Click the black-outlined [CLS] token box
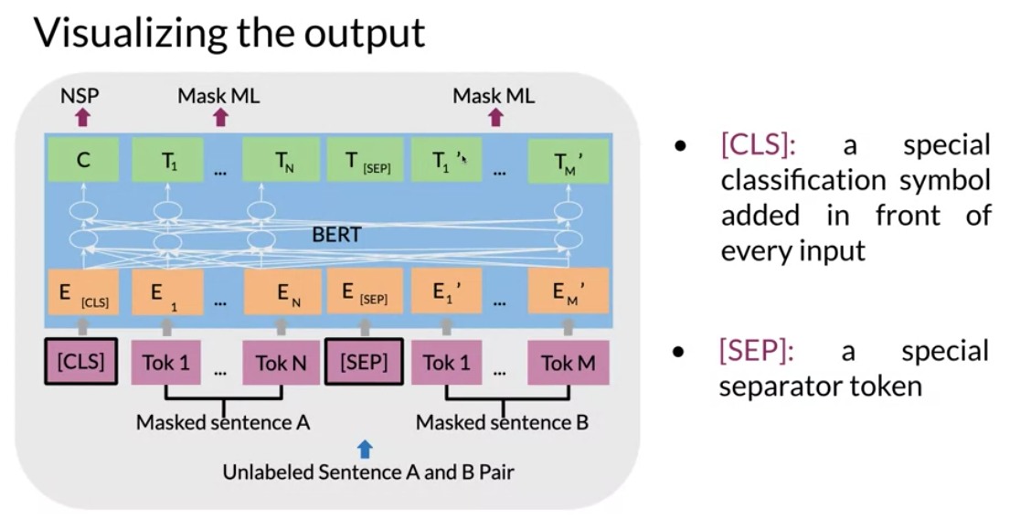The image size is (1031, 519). pyautogui.click(x=80, y=361)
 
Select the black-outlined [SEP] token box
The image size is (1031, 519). pyautogui.click(x=364, y=361)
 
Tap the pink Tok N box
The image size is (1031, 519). pyautogui.click(x=281, y=362)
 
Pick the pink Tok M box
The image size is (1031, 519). pyautogui.click(x=569, y=362)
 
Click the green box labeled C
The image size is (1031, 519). pyautogui.click(x=82, y=160)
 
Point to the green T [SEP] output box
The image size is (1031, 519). pyautogui.click(x=365, y=160)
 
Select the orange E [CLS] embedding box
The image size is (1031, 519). pyautogui.click(x=82, y=291)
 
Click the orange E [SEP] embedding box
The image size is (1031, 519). pyautogui.click(x=365, y=291)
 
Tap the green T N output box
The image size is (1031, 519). pyautogui.click(x=282, y=160)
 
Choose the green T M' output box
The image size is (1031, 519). pyautogui.click(x=569, y=160)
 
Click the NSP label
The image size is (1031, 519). pyautogui.click(x=80, y=96)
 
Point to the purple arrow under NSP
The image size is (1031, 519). pyautogui.click(x=82, y=117)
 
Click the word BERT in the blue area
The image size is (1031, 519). pyautogui.click(x=336, y=235)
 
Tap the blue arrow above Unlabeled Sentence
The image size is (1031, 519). pyautogui.click(x=365, y=450)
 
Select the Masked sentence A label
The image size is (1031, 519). pyautogui.click(x=223, y=422)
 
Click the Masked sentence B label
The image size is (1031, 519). pyautogui.click(x=502, y=422)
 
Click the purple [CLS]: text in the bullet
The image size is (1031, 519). pyautogui.click(x=758, y=145)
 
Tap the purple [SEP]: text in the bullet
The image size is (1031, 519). pyautogui.click(x=757, y=350)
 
